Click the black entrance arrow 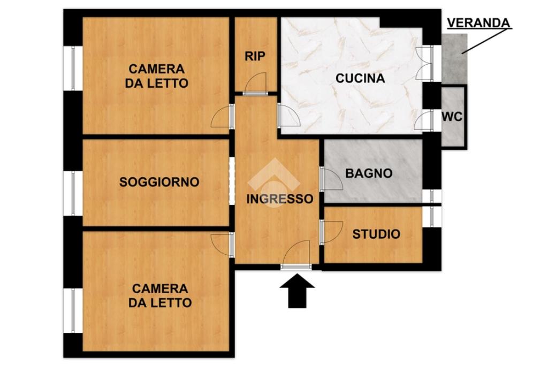click(x=297, y=291)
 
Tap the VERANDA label click(x=478, y=22)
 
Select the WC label click(x=452, y=117)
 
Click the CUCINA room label click(x=360, y=78)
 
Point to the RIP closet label click(x=255, y=56)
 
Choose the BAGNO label click(x=369, y=173)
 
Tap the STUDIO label click(x=376, y=234)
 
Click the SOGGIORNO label click(x=159, y=182)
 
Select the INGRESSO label click(x=279, y=199)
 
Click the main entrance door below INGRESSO click(x=296, y=255)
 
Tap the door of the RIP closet click(x=255, y=84)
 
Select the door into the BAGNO click(x=331, y=179)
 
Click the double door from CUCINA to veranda click(x=424, y=63)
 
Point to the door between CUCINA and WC click(x=424, y=121)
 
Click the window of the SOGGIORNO click(x=73, y=193)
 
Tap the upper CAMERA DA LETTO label click(x=157, y=76)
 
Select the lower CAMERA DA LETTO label click(x=160, y=295)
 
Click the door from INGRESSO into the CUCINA click(x=288, y=116)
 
